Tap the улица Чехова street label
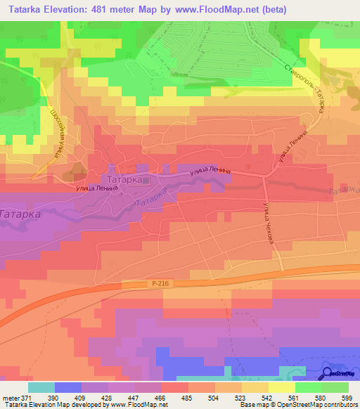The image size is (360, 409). click(268, 223)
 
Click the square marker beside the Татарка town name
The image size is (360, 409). click(146, 181)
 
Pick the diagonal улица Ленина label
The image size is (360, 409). click(293, 145)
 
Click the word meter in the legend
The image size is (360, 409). click(9, 397)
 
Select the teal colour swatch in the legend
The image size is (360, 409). click(41, 387)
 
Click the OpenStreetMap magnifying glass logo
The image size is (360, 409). click(326, 374)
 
